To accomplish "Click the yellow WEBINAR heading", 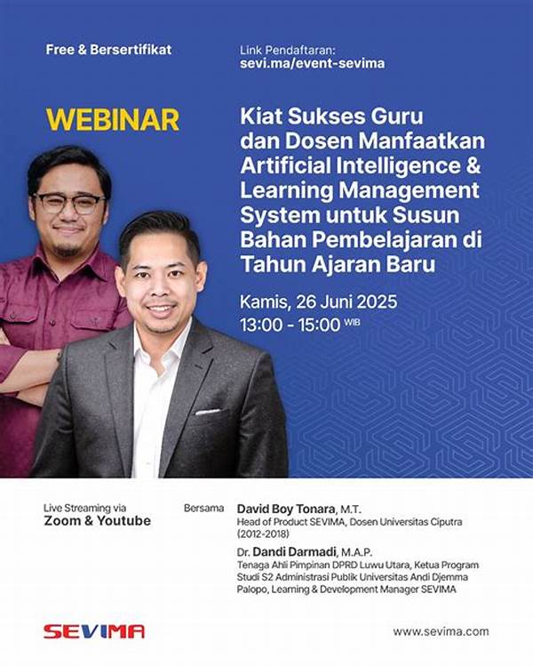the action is pos(113,120).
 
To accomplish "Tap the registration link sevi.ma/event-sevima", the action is pos(313,63).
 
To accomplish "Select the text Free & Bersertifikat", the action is pos(108,50).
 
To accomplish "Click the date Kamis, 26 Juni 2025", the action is pos(319,301).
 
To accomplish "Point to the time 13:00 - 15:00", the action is pos(290,325).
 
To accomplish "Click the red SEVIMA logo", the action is pos(94,631).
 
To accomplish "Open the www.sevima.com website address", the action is pos(441,631).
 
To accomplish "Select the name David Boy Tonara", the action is pos(285,509).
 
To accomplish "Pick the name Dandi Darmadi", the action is pos(295,552).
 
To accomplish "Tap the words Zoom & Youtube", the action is pos(97,521).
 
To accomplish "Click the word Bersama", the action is pos(203,509).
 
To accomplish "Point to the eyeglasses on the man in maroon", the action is pos(69,203).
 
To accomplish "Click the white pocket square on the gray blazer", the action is pos(208,412).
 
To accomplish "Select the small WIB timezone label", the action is pos(352,323).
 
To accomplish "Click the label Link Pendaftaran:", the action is pos(288,50).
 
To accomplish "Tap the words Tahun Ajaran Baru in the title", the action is pos(338,264).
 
